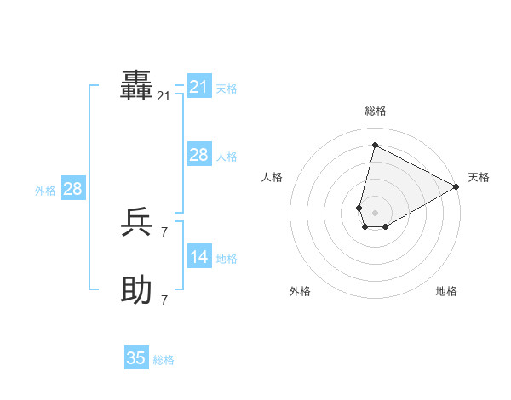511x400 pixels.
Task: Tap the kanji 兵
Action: point(137,223)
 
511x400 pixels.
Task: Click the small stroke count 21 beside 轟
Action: point(164,97)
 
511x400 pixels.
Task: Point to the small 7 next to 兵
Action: point(164,231)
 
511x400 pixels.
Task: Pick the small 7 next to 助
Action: point(164,300)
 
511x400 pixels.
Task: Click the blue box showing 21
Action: point(198,87)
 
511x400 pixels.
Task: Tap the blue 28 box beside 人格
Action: point(198,155)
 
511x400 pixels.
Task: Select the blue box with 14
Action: point(198,257)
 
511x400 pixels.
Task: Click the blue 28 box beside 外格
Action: point(72,189)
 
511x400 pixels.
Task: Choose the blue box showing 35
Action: point(136,358)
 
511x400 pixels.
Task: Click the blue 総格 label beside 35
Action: point(164,360)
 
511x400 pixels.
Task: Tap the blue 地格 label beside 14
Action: point(227,259)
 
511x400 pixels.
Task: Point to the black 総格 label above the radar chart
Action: point(376,111)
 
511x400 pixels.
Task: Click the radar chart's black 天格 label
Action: point(479,177)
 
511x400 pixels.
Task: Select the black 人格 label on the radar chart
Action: point(273,177)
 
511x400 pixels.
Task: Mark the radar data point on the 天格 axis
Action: point(456,186)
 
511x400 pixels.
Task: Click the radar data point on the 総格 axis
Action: point(375,145)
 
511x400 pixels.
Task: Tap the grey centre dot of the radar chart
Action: point(375,213)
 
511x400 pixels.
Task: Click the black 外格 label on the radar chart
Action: point(300,291)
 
